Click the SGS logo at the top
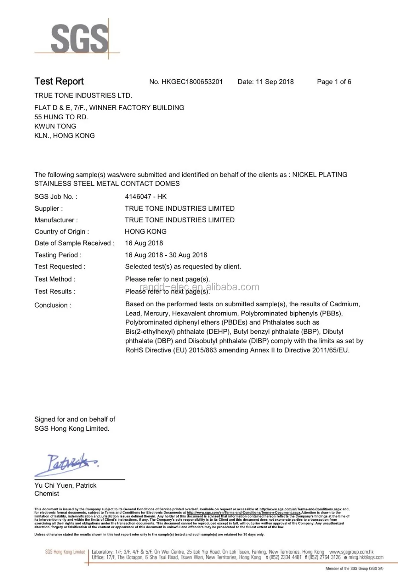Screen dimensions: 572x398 [x=80, y=39]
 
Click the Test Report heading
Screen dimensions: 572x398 [x=59, y=82]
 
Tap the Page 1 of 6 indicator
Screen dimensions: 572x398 [x=334, y=82]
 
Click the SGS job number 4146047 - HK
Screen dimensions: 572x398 [x=146, y=197]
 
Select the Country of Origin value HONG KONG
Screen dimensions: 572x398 [x=146, y=232]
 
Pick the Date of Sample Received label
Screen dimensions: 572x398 [x=74, y=243]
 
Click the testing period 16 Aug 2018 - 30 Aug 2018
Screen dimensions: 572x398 [x=166, y=255]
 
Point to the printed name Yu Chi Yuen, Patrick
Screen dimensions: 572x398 [x=65, y=486]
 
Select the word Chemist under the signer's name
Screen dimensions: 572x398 [x=47, y=494]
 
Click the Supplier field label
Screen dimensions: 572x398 [x=49, y=208]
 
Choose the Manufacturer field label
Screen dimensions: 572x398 [x=56, y=220]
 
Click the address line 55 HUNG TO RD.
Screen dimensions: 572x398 [x=61, y=117]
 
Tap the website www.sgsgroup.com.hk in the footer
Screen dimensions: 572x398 [x=351, y=552]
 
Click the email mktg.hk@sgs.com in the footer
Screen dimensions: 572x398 [x=366, y=558]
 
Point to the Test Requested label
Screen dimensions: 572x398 [x=60, y=267]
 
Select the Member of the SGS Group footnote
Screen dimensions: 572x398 [x=354, y=568]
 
